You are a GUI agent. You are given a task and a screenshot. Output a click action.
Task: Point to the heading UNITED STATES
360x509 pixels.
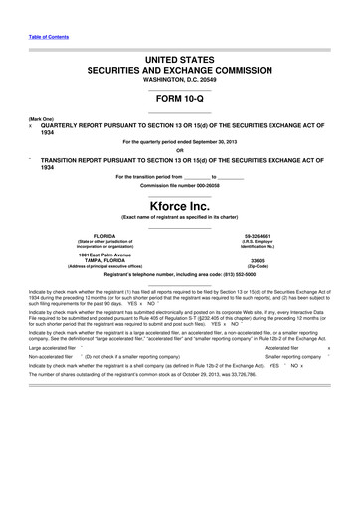point(179,61)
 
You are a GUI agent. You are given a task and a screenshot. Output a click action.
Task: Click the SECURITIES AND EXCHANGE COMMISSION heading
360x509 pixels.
point(179,71)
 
